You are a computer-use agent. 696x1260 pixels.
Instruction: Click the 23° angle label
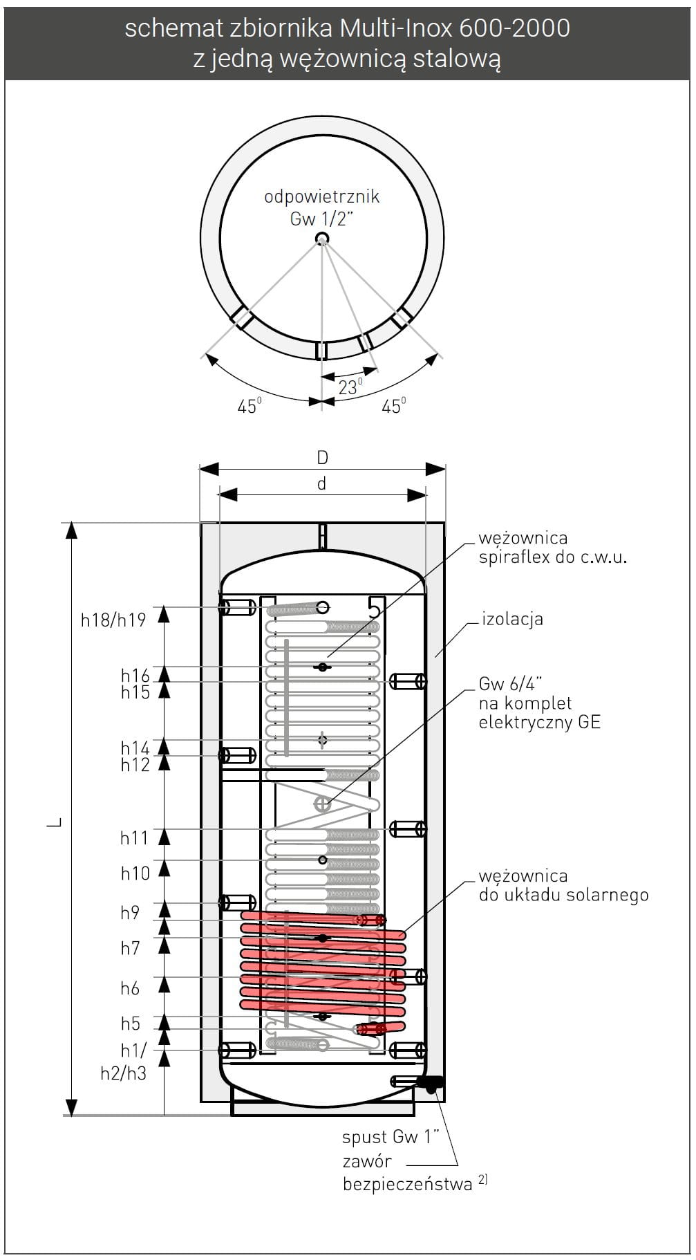pos(350,387)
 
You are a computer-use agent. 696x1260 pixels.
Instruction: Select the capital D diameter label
pos(322,458)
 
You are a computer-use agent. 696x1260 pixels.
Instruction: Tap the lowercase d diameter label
pos(321,484)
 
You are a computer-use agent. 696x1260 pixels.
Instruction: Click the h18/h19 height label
pos(113,620)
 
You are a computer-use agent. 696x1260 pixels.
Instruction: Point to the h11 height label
pos(134,838)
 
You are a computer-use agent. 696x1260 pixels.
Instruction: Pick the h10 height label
pos(135,873)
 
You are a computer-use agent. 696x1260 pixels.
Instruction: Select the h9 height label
pos(130,913)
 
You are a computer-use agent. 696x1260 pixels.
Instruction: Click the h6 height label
pos(130,989)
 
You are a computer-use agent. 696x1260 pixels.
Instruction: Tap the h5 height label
pos(130,1023)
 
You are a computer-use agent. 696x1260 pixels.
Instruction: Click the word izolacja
pos(512,619)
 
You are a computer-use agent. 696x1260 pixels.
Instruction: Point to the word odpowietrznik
pos(322,197)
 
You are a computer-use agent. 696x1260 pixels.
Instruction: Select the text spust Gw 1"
pos(391,1137)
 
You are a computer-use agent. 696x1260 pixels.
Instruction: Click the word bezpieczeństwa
pos(407,1185)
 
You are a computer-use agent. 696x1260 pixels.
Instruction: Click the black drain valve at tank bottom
pos(433,1084)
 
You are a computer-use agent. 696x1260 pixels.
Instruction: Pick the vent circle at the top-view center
pos(322,239)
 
